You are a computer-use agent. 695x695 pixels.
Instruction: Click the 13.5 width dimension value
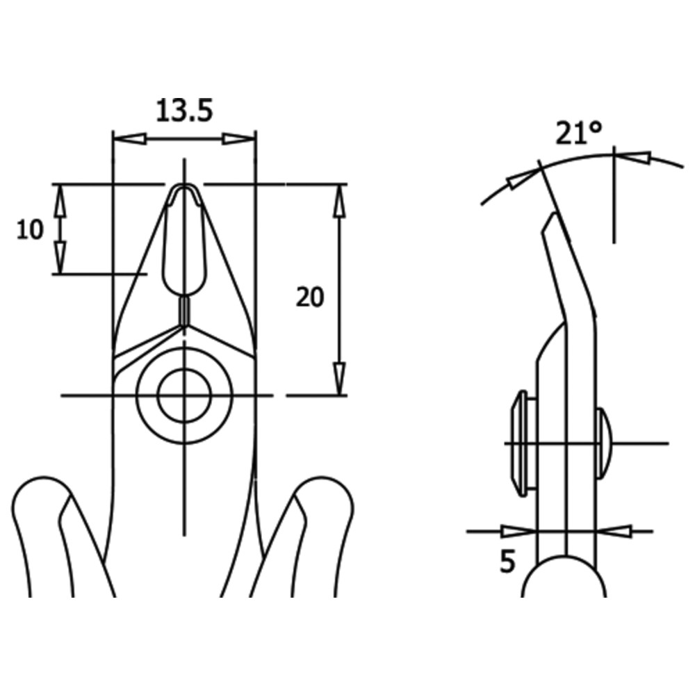pos(184,111)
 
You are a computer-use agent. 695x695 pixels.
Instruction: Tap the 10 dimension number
pos(30,230)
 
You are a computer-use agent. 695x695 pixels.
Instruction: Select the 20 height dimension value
pos(310,297)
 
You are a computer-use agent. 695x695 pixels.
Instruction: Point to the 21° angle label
pos(578,133)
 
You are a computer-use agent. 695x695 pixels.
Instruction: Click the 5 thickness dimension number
pos(507,562)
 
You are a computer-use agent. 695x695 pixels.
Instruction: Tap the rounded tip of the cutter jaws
pos(184,187)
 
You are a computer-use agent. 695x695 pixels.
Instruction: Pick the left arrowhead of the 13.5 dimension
pos(130,139)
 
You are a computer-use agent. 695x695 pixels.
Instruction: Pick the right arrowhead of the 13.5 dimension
pos(239,139)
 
